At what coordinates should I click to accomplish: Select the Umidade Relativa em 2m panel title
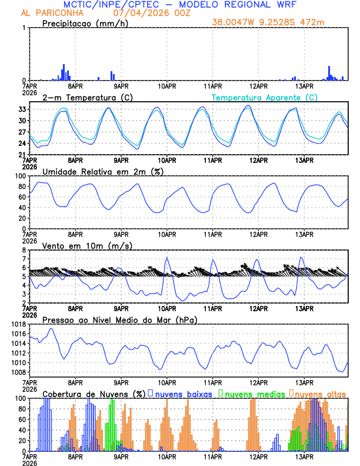coord(102,171)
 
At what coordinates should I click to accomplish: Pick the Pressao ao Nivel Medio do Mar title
coord(119,319)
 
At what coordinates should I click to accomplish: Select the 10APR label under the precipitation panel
coord(167,86)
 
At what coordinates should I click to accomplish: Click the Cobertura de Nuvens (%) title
coord(94,394)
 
